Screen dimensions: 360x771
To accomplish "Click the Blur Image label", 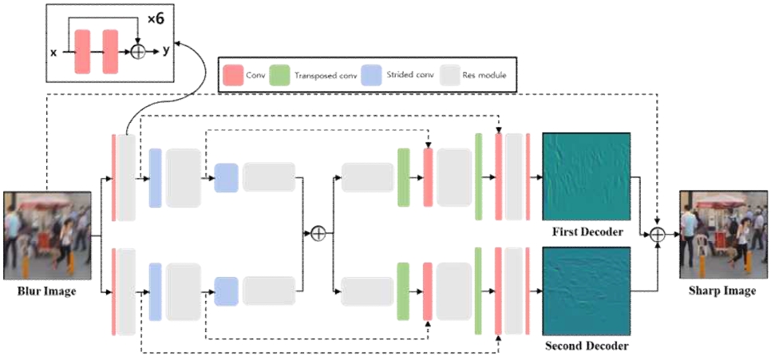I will (x=47, y=291).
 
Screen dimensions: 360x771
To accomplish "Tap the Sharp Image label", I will (x=722, y=291).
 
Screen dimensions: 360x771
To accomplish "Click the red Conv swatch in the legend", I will (x=232, y=75).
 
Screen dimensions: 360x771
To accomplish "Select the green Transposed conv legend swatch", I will (x=279, y=75).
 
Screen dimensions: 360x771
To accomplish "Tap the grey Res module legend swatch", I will (x=452, y=75).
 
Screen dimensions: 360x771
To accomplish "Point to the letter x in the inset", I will (x=53, y=52).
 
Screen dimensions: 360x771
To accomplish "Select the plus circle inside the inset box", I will (x=138, y=52).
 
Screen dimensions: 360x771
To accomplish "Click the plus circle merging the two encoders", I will (x=318, y=233).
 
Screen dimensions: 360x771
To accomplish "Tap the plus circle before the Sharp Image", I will (x=658, y=234).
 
